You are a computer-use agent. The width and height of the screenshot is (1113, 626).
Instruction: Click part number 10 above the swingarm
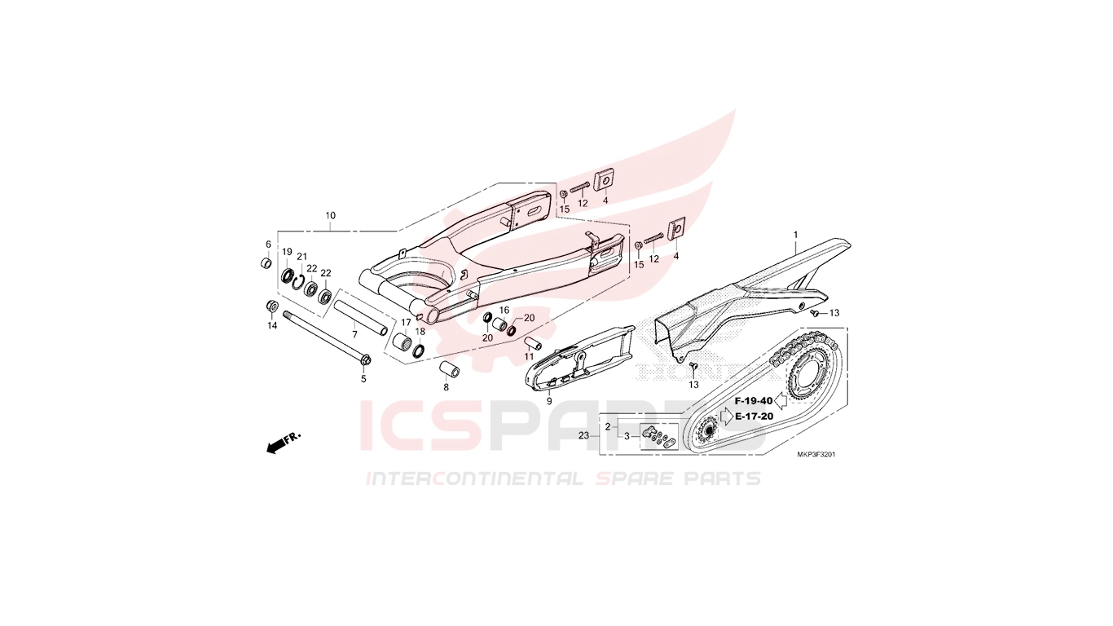[x=331, y=216]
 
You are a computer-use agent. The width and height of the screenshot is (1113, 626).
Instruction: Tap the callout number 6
[x=268, y=245]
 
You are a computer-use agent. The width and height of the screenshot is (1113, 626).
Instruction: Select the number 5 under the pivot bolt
[x=363, y=379]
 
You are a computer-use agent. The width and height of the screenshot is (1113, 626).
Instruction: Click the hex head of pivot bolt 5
[x=364, y=360]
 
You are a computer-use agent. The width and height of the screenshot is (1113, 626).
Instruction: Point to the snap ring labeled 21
[x=298, y=281]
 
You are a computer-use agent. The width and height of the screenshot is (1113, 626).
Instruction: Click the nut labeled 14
[x=272, y=306]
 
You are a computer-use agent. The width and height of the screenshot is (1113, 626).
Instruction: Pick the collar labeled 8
[x=448, y=371]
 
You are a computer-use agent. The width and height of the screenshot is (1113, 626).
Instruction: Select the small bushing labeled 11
[x=533, y=344]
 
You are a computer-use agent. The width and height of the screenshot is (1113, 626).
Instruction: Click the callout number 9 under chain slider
[x=549, y=401]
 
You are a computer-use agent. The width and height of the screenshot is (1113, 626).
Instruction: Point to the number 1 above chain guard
[x=795, y=234]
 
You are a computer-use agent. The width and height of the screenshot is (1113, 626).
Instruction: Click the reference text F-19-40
[x=754, y=401]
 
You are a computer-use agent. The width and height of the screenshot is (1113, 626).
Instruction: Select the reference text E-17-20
[x=754, y=417]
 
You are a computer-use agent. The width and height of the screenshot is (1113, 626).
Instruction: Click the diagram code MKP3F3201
[x=816, y=455]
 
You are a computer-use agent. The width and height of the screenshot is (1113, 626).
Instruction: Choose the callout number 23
[x=584, y=435]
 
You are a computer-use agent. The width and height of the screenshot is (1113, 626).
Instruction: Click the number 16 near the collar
[x=504, y=311]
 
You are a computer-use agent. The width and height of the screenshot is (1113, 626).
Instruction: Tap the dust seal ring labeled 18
[x=419, y=350]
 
